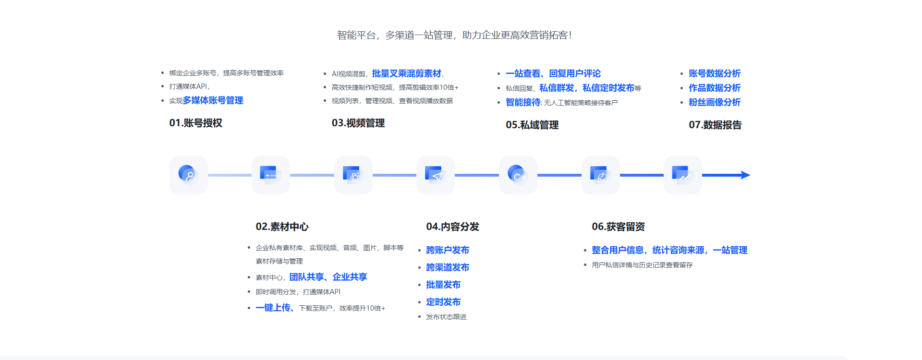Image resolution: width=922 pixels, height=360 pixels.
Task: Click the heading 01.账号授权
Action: [x=195, y=123]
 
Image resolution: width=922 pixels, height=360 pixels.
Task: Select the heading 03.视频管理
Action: [x=358, y=123]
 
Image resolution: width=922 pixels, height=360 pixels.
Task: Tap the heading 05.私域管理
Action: [x=532, y=125]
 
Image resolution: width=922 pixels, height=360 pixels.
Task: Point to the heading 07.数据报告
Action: [x=715, y=125]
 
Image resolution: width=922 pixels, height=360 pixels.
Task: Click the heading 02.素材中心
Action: [x=282, y=227]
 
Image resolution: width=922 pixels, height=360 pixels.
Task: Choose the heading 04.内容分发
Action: [x=452, y=227]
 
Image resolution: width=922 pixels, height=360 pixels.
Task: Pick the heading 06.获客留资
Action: [x=618, y=227]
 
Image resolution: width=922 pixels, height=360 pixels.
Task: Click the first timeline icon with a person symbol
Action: [x=188, y=175]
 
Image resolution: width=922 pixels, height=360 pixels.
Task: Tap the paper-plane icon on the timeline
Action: [x=436, y=175]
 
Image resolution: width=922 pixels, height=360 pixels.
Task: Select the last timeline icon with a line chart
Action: [x=682, y=175]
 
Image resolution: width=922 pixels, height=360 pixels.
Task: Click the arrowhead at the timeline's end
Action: [x=745, y=175]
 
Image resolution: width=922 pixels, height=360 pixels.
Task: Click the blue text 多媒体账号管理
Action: [x=213, y=100]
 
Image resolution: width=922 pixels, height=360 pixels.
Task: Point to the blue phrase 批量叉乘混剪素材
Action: [x=406, y=73]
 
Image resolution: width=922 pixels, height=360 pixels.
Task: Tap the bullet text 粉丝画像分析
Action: [x=715, y=102]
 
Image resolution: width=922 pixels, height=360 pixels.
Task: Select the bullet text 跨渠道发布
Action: [x=448, y=267]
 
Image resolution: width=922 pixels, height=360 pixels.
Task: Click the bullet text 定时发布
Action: [x=443, y=302]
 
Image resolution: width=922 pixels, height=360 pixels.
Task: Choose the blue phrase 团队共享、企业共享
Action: [x=328, y=277]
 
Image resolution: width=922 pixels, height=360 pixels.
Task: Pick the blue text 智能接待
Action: [x=523, y=102]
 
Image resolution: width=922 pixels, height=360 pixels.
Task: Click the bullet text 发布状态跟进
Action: [x=446, y=317]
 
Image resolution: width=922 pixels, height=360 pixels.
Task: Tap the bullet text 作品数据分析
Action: [x=715, y=88]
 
